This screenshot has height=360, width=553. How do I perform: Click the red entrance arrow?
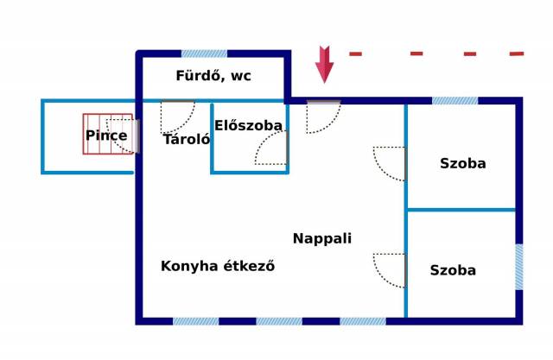tap(324, 65)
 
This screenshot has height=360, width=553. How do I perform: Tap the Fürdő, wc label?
tap(213, 76)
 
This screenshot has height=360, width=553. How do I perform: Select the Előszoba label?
tap(248, 125)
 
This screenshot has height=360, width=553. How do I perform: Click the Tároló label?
tap(187, 139)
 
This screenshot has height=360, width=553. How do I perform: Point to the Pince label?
tap(106, 136)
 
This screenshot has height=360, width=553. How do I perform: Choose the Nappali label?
tap(322, 238)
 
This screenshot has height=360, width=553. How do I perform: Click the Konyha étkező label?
tap(218, 266)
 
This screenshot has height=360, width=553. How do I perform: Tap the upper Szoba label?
tap(463, 163)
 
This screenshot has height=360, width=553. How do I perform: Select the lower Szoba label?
tap(453, 270)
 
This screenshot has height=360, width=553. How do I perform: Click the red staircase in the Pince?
tap(108, 134)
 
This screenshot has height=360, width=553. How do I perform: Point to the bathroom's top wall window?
tap(204, 54)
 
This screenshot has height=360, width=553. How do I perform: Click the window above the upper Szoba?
tap(455, 101)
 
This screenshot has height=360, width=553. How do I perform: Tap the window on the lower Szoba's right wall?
tap(519, 267)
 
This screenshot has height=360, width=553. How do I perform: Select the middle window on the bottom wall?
tap(279, 321)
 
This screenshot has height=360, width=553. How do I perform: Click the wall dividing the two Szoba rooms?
tap(461, 210)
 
